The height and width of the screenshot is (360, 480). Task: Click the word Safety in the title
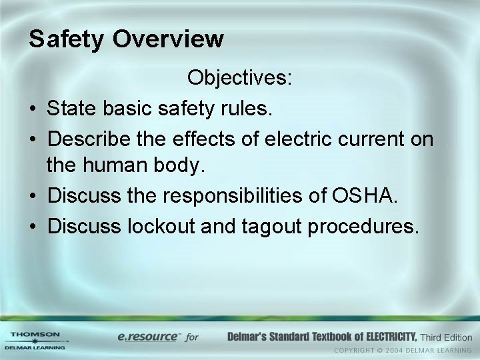click(65, 39)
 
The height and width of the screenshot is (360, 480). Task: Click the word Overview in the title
click(168, 39)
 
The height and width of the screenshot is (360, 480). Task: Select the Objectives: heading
click(239, 79)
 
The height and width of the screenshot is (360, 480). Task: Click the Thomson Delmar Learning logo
click(35, 340)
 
